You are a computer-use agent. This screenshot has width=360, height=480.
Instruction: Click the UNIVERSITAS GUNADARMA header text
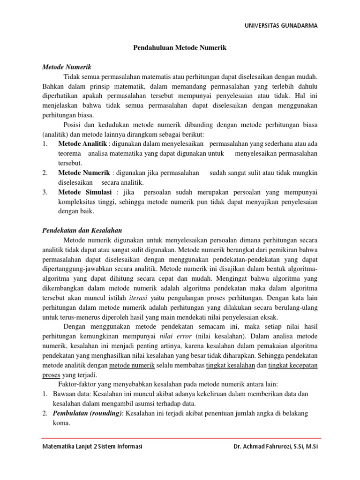coord(281,26)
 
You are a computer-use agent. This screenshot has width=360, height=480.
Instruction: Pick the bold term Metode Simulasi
coord(84,192)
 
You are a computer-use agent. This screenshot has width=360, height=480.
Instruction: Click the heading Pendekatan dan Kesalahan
coord(82,230)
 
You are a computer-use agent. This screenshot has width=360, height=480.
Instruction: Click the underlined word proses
coord(51,375)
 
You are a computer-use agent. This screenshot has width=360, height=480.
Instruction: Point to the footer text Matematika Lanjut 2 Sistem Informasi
coord(92,446)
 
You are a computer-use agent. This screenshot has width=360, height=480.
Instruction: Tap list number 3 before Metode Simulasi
coord(45,192)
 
